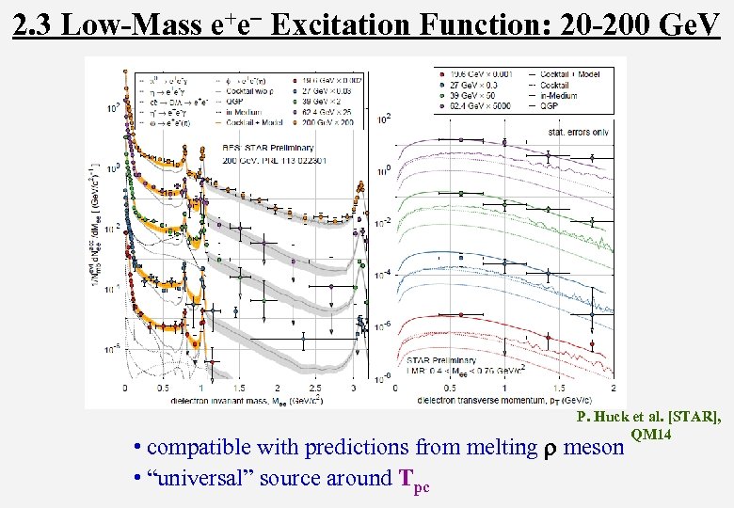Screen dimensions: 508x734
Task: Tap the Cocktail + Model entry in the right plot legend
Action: tap(562, 73)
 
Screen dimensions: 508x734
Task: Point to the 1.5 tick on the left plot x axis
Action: tap(239, 388)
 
